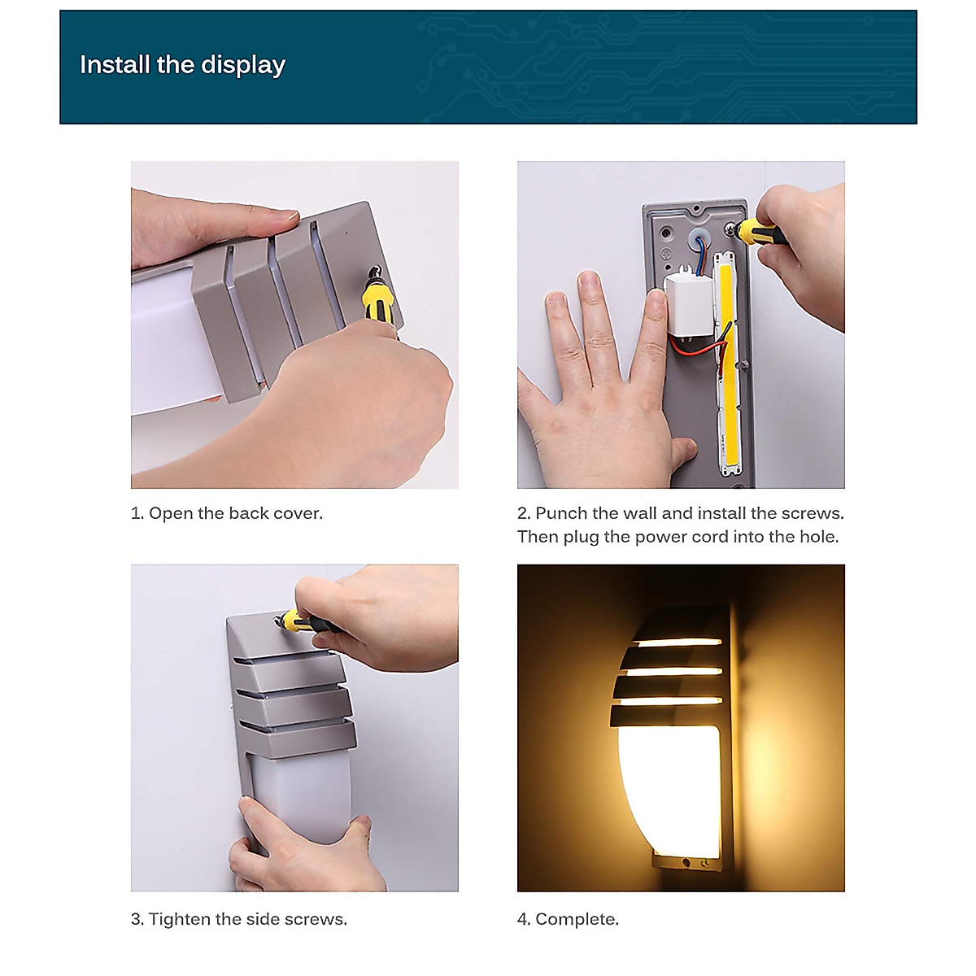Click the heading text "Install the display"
(x=182, y=65)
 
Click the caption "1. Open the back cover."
(x=227, y=513)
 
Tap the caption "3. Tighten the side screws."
(x=239, y=919)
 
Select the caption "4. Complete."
(x=568, y=919)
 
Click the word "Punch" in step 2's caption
(x=561, y=513)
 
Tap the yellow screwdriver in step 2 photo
(x=761, y=233)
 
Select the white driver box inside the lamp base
(x=688, y=304)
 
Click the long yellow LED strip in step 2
(x=726, y=366)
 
